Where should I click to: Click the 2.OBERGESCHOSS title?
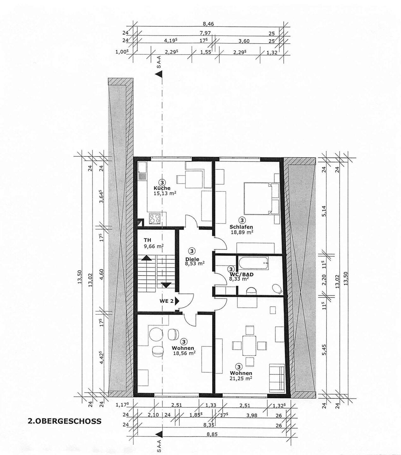point(65,421)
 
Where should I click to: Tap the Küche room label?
point(162,188)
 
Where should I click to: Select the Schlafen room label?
point(241,227)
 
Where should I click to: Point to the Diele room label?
point(192,259)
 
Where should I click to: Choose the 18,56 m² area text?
point(184,353)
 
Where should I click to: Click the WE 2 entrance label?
point(166,301)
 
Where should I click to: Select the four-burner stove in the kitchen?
point(155,218)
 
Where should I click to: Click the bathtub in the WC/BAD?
point(254,263)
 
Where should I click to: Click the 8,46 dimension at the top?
point(208,24)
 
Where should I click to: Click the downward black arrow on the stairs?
point(167,285)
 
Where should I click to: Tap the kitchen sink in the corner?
point(142,170)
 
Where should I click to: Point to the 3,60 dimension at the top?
point(244,41)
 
